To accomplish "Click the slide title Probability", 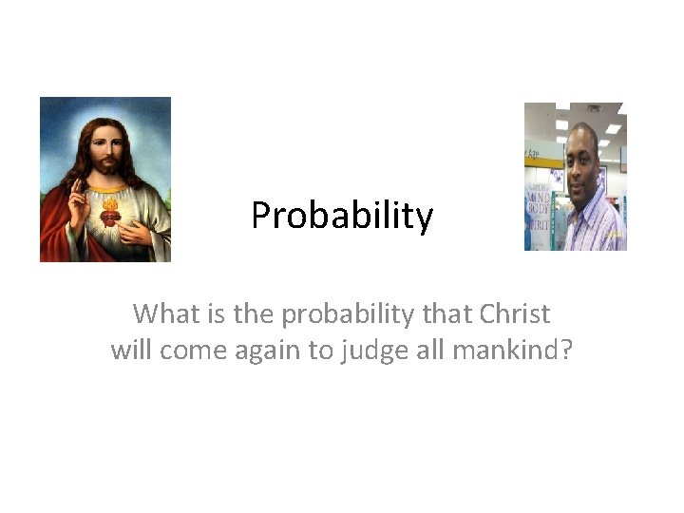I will tap(342, 217).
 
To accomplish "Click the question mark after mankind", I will tap(566, 351).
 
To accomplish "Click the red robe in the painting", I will tap(57, 233).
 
